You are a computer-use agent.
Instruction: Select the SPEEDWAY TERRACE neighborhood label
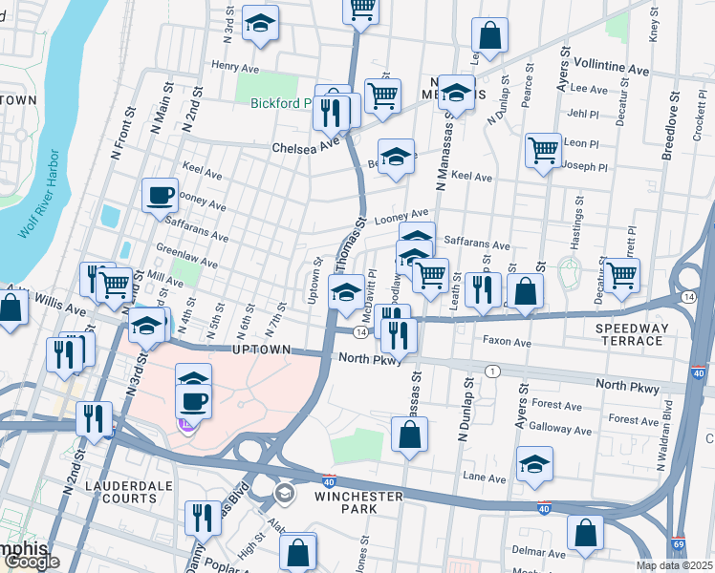(630, 333)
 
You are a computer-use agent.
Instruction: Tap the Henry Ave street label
(236, 66)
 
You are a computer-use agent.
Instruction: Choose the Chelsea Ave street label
(306, 148)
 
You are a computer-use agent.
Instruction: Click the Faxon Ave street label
(508, 342)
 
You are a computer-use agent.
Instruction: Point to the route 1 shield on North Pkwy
(492, 371)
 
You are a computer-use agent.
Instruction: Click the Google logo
(31, 562)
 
